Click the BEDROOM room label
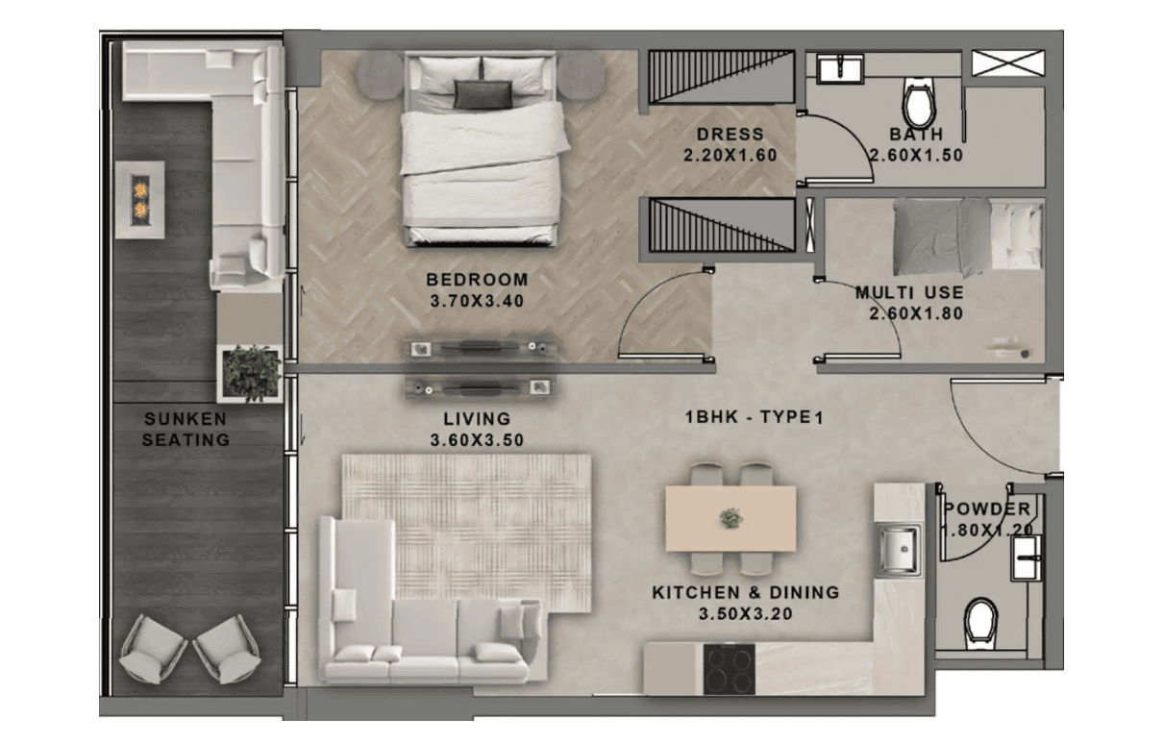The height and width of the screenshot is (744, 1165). [477, 280]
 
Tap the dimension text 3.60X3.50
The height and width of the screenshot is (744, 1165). [477, 440]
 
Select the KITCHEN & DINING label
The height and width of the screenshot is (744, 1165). [746, 592]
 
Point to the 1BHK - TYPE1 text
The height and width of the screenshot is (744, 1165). [755, 417]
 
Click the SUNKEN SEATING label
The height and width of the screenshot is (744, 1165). [186, 430]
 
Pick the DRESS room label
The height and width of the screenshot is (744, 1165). [731, 135]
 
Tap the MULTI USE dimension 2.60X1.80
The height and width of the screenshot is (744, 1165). [916, 313]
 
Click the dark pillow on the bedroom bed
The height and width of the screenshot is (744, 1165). [483, 95]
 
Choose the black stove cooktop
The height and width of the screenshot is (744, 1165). [730, 669]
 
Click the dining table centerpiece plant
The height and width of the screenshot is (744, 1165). [731, 518]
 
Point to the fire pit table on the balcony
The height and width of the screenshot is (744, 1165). [140, 200]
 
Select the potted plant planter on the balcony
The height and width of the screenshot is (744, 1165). [250, 374]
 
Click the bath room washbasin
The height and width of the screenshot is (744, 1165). [840, 69]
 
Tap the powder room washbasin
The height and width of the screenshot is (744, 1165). [1027, 558]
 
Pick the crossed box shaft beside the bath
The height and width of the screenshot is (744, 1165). [1008, 62]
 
